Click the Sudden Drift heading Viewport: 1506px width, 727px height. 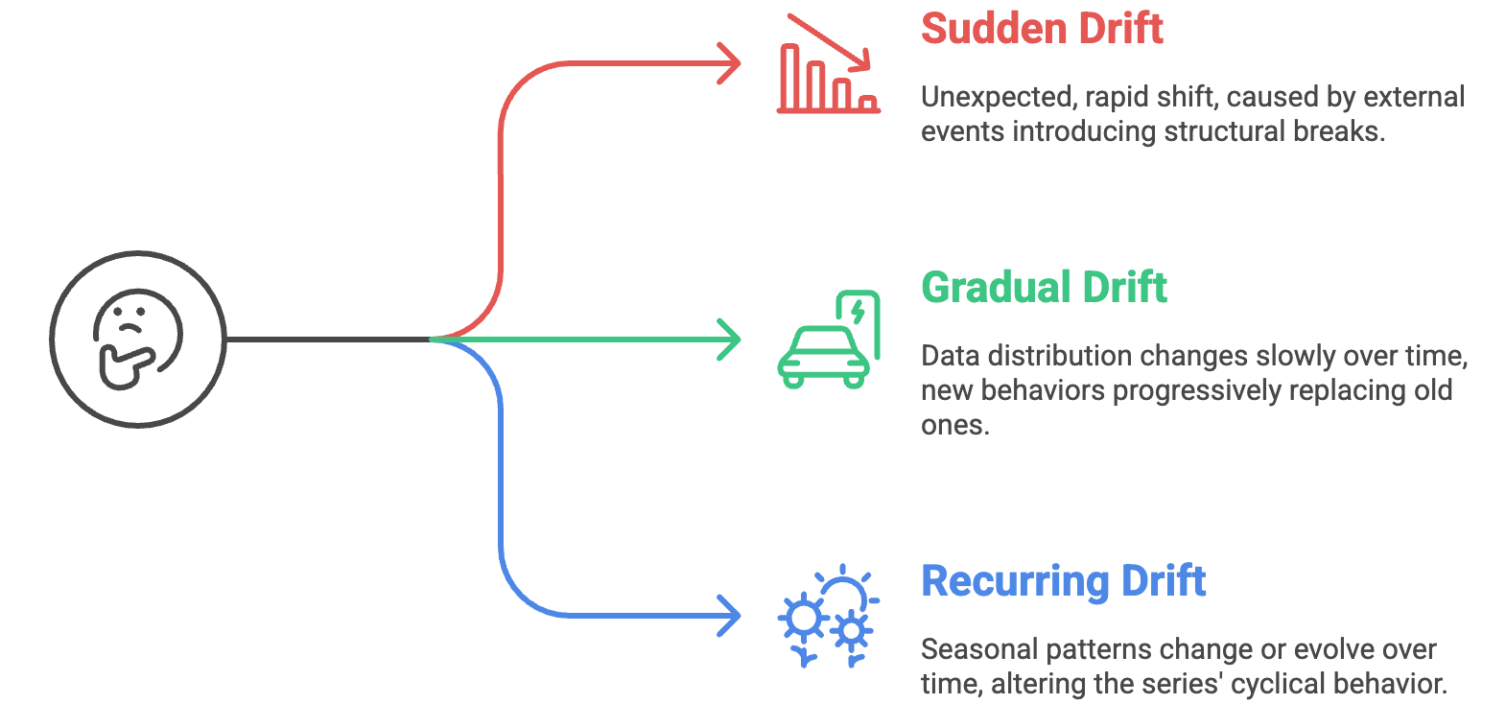point(1042,29)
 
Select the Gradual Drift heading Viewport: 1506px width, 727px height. point(1044,288)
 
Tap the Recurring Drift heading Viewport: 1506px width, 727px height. point(1063,581)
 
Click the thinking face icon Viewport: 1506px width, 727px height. point(138,339)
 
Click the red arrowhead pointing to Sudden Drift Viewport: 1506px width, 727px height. point(731,64)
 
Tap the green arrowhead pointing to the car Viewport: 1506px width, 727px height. point(731,340)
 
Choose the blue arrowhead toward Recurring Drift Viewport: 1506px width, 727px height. point(731,615)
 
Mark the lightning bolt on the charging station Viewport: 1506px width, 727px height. point(858,311)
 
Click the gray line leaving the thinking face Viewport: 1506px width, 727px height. point(326,340)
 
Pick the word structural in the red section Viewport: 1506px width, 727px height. point(1221,131)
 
